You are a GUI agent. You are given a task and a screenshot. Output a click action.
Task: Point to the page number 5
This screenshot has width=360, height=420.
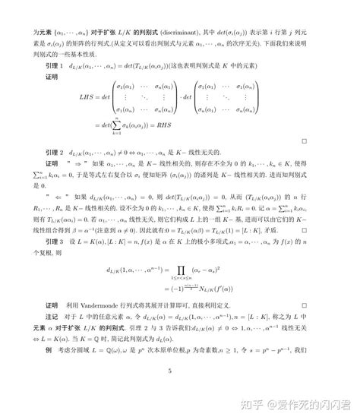pos(171,393)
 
